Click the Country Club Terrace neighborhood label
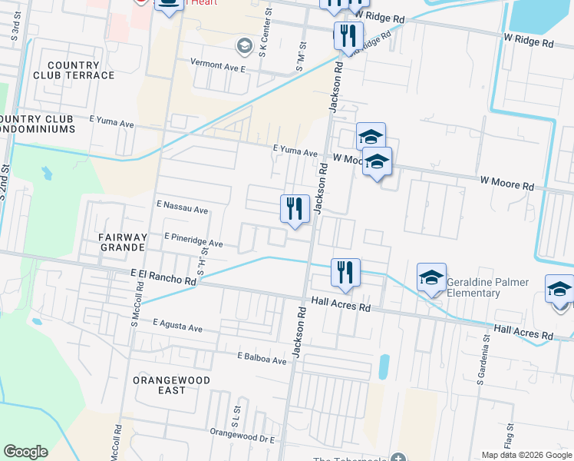[x=80, y=70]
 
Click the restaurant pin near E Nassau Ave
[x=295, y=209]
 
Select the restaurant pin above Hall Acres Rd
[x=345, y=273]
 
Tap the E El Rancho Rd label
[x=163, y=277]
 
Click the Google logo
[x=25, y=452]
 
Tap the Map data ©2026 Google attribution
[x=526, y=455]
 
